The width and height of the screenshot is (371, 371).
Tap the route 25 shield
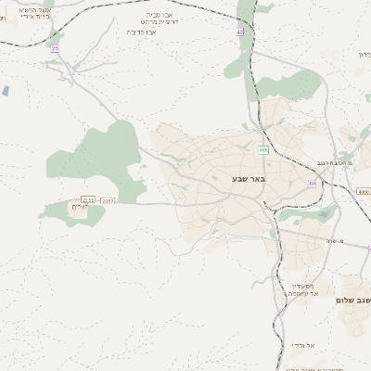click(x=55, y=48)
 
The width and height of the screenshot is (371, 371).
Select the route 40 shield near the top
click(x=239, y=32)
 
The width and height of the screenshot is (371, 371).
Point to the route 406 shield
click(x=263, y=149)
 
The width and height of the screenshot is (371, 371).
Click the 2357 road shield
click(x=109, y=199)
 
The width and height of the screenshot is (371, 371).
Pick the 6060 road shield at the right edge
click(x=363, y=191)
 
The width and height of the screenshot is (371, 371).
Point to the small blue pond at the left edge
click(x=6, y=91)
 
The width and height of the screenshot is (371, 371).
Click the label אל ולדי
click(x=302, y=345)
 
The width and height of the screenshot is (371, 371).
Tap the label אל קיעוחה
click(x=302, y=293)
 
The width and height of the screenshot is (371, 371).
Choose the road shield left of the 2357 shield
click(x=88, y=199)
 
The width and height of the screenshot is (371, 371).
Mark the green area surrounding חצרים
click(x=72, y=213)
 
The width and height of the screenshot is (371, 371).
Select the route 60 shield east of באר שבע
click(x=312, y=184)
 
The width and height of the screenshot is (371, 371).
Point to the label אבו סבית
click(x=158, y=15)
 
